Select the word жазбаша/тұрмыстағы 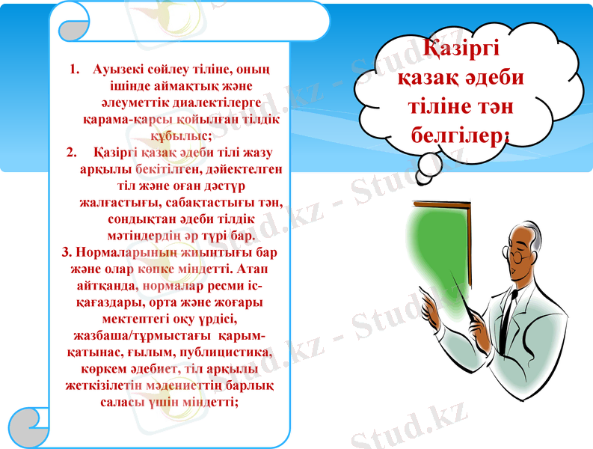pos(132,335)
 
